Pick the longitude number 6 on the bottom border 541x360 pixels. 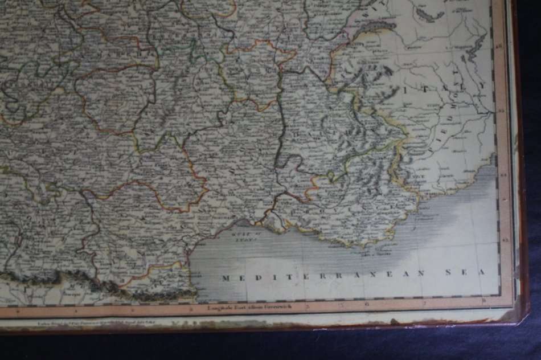[368, 304]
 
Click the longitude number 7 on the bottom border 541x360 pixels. [425, 301]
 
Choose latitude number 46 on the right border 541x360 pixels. [500, 48]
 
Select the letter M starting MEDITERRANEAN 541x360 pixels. [225, 278]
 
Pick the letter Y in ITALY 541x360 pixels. [482, 85]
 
